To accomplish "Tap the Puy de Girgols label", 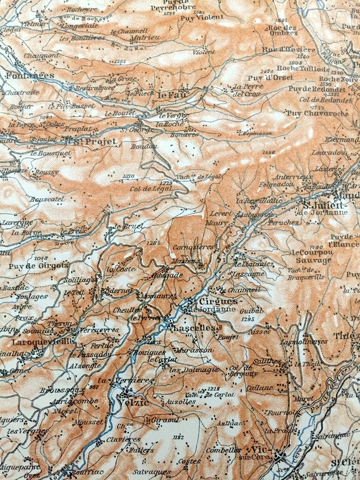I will tap(30, 267).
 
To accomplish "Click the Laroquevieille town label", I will tap(42, 342).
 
